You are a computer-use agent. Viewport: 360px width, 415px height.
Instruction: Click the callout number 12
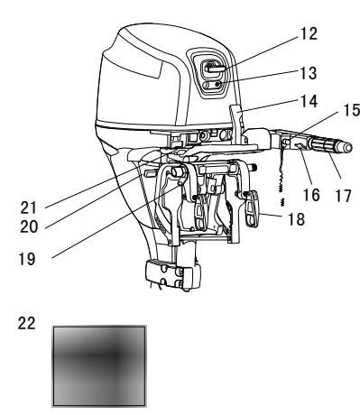click(x=309, y=33)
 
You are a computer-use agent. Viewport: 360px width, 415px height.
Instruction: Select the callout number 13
click(x=309, y=73)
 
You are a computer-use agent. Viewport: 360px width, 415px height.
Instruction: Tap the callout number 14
click(x=309, y=101)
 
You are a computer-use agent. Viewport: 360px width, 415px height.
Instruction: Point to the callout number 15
click(x=352, y=110)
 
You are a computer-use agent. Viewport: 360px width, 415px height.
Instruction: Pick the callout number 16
click(x=311, y=195)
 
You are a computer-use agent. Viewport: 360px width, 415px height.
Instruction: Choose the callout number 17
click(x=343, y=196)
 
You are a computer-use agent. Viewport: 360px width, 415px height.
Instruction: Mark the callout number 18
click(x=296, y=219)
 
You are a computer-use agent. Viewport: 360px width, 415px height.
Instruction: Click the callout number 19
click(x=27, y=259)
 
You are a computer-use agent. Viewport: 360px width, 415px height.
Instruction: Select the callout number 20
click(x=29, y=226)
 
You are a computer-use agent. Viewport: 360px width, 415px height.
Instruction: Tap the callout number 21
click(x=29, y=207)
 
